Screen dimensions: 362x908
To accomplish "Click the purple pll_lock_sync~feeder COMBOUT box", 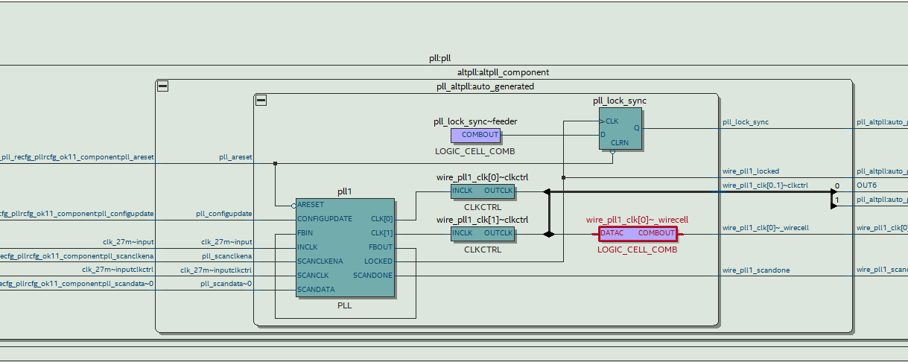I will [x=476, y=135].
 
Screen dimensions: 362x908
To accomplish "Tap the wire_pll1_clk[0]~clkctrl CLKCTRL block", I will [x=482, y=191].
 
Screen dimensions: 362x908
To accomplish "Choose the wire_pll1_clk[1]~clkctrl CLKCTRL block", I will [x=482, y=234].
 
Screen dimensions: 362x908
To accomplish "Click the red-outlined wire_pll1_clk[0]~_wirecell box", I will [x=638, y=233].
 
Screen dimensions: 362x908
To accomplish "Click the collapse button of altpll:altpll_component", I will [x=162, y=86].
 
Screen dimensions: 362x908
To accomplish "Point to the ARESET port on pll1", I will [x=310, y=205].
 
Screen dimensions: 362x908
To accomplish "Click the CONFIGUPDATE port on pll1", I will [x=324, y=219].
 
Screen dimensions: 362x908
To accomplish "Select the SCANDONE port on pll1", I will [x=372, y=276].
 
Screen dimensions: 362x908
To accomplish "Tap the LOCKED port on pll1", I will [x=378, y=261].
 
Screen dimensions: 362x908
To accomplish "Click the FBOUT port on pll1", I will [x=380, y=247].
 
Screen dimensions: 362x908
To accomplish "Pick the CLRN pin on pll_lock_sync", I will [x=619, y=143].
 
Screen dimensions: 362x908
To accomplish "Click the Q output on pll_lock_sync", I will [x=636, y=128].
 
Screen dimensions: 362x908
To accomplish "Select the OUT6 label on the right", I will [x=866, y=185].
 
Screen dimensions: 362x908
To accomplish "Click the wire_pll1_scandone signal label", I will [x=756, y=270].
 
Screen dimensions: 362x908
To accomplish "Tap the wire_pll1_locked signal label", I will [x=751, y=171].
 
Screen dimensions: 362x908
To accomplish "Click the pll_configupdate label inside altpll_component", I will [x=223, y=214].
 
